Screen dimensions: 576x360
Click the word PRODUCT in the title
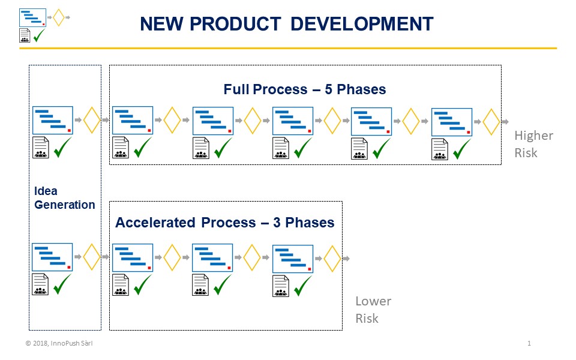tap(235, 24)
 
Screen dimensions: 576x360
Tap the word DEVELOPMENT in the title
tap(362, 24)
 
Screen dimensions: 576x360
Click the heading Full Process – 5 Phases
tap(305, 89)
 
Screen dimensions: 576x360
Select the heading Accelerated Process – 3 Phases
tap(225, 223)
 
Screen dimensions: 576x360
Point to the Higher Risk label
tap(533, 144)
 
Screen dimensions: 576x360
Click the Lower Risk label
tap(373, 310)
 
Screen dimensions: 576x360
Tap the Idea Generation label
tap(64, 197)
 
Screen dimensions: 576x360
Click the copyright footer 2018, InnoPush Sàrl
tap(59, 343)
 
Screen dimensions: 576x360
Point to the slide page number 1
tap(529, 343)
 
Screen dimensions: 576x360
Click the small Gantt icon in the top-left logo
tap(32, 17)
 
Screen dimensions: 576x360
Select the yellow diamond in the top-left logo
tap(59, 17)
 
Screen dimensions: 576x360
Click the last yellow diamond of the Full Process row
tap(491, 122)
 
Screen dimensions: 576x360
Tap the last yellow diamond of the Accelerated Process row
tap(332, 259)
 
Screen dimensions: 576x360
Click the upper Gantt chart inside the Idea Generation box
tap(53, 120)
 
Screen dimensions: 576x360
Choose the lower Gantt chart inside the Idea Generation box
tap(52, 257)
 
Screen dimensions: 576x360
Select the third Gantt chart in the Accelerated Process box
tap(293, 259)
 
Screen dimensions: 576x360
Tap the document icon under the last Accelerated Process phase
tap(281, 286)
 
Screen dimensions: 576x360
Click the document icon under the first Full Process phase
tap(121, 148)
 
